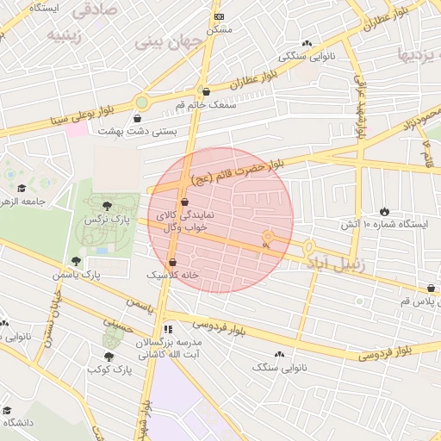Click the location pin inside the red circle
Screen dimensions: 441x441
[x=268, y=238]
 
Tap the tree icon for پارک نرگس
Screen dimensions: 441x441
[x=106, y=205]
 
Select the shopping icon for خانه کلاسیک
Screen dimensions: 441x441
[x=173, y=262]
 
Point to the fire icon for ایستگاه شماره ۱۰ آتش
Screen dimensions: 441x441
[x=384, y=211]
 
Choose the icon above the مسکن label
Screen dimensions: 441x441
[x=219, y=16]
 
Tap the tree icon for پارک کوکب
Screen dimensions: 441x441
[x=109, y=356]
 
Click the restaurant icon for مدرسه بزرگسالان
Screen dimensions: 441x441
[x=169, y=328]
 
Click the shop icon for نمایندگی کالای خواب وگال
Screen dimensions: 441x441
[x=184, y=203]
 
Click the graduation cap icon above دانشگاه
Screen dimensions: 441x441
[x=8, y=410]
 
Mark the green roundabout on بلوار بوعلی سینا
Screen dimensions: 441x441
[x=141, y=102]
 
